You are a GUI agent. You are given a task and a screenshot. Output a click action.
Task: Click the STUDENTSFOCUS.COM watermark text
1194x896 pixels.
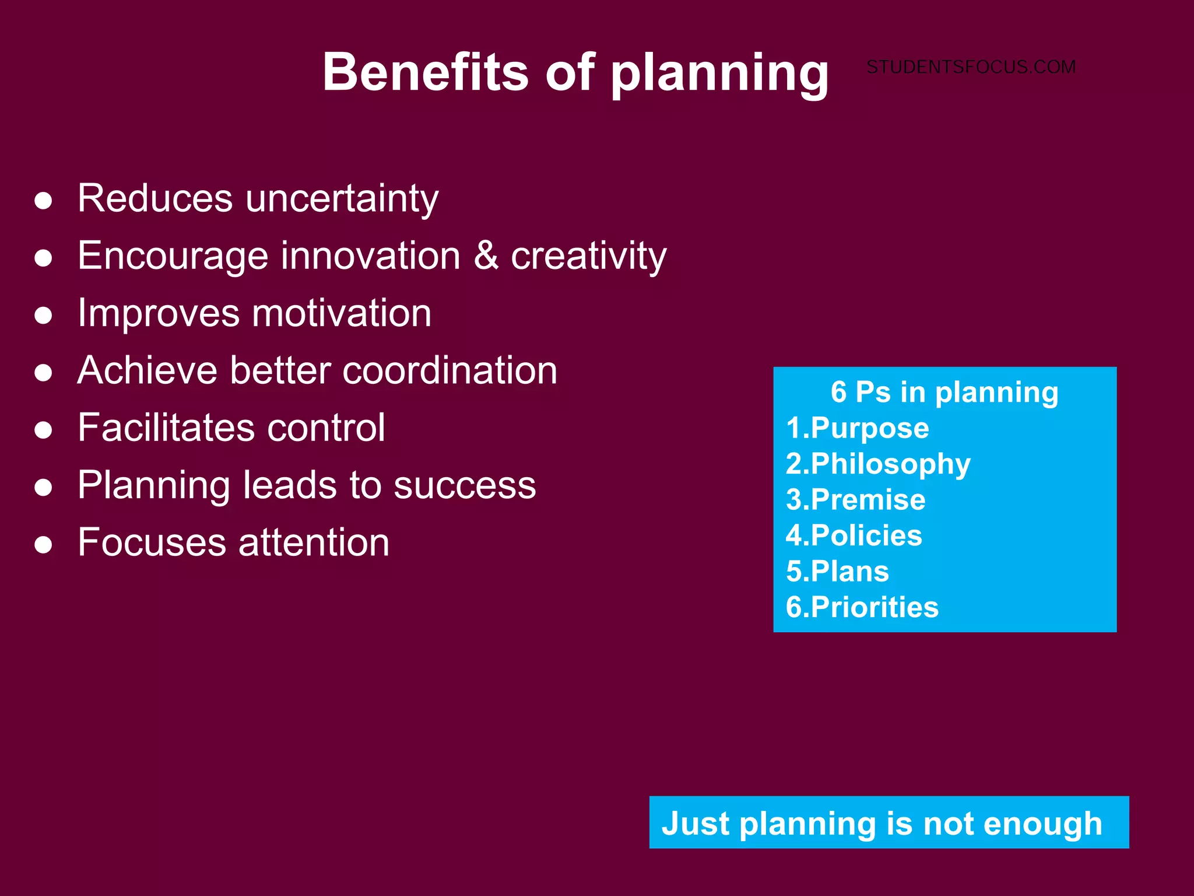tap(971, 67)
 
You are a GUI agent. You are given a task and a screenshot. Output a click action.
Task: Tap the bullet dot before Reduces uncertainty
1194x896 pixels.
tap(44, 201)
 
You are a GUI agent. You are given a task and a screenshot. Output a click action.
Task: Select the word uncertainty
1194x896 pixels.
tap(342, 198)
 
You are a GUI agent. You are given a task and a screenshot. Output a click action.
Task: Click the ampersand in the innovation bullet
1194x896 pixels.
tap(486, 256)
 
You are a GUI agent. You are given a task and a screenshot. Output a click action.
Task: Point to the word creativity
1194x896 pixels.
tap(588, 257)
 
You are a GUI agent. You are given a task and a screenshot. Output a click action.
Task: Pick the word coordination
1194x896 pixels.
tap(449, 370)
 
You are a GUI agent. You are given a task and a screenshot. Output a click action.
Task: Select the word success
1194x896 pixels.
tap(465, 485)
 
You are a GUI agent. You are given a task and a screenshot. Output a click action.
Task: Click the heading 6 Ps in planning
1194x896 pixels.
tap(944, 392)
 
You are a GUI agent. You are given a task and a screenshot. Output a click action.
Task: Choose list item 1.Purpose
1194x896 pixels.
tap(858, 428)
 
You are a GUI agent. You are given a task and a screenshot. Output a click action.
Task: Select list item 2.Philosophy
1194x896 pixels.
tap(878, 464)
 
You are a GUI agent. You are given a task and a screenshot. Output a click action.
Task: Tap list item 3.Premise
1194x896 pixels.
tap(855, 500)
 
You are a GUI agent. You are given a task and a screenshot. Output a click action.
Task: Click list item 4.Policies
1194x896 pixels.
tap(854, 535)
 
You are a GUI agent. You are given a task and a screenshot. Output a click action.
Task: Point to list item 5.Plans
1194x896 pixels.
tap(837, 571)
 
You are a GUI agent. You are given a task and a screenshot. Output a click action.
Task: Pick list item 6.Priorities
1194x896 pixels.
tap(862, 607)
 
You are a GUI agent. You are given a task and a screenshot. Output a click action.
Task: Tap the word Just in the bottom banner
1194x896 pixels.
tap(696, 824)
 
